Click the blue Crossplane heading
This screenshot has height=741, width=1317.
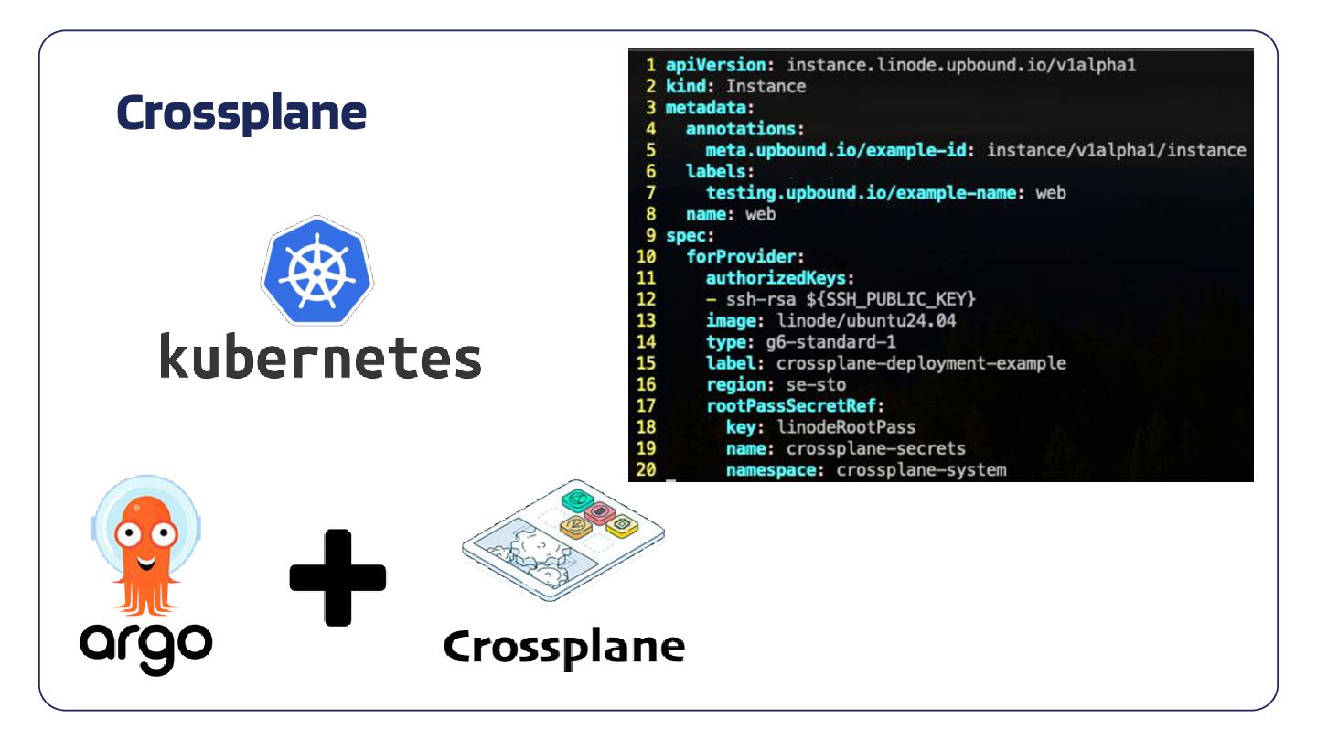click(x=241, y=113)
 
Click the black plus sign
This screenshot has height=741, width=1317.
click(x=337, y=577)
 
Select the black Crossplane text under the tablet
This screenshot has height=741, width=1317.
click(x=564, y=648)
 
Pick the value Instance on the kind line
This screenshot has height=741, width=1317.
click(x=766, y=86)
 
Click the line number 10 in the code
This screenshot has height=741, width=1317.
click(x=646, y=256)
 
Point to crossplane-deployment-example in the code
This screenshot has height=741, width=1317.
click(x=921, y=363)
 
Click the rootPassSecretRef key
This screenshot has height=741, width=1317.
click(x=791, y=405)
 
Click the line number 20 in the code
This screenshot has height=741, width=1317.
click(x=646, y=470)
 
